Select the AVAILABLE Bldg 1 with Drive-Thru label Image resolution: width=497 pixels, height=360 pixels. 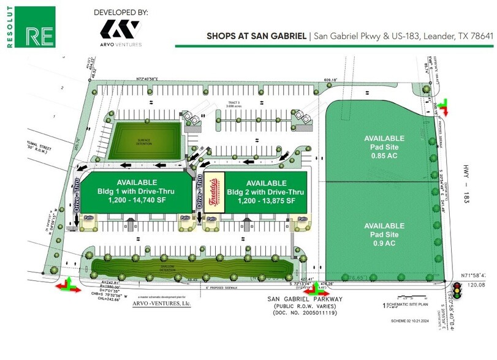click(136, 192)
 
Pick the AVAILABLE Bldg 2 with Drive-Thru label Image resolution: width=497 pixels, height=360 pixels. click(265, 192)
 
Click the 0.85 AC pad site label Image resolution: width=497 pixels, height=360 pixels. click(384, 147)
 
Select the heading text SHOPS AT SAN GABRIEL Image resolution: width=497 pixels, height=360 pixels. click(257, 36)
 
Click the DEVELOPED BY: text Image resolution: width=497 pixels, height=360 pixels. click(121, 12)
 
